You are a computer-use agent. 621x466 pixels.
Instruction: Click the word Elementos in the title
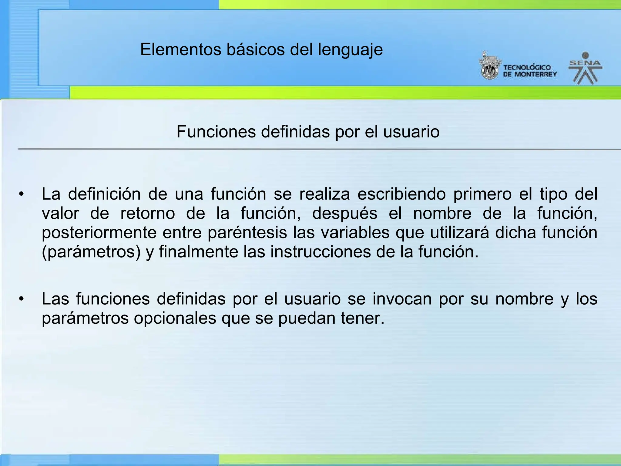tap(181, 49)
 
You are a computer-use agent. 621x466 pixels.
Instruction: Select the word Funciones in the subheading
tap(216, 132)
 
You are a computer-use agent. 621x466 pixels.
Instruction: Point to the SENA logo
tap(585, 69)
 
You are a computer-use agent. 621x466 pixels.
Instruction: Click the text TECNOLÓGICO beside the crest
tap(527, 68)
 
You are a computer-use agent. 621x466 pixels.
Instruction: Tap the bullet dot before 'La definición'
tap(21, 194)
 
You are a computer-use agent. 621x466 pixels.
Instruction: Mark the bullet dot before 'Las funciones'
tap(21, 299)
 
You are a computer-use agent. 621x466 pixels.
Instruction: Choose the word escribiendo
tap(401, 194)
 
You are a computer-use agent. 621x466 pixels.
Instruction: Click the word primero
tap(482, 194)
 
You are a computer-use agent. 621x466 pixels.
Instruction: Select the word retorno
tap(148, 213)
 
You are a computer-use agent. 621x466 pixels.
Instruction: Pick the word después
tap(345, 214)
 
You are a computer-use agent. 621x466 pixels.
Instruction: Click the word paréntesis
tap(247, 233)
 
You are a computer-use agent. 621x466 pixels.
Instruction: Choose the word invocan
tap(402, 299)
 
